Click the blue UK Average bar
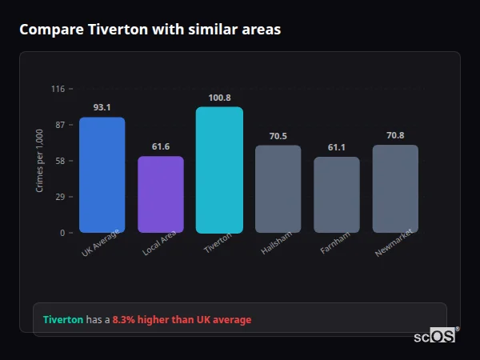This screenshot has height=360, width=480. click(102, 175)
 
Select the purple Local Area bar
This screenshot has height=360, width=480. click(161, 194)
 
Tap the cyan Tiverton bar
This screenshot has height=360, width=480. click(219, 170)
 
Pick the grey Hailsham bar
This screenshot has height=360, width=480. click(278, 189)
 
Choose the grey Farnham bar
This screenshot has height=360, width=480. click(337, 194)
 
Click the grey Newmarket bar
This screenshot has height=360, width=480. click(395, 189)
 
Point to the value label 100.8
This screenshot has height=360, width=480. click(219, 97)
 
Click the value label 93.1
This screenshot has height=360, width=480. click(102, 107)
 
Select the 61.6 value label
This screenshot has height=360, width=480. click(161, 146)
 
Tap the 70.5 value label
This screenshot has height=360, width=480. click(278, 136)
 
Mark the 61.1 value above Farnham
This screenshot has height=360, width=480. click(337, 147)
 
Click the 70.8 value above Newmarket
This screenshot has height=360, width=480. click(395, 135)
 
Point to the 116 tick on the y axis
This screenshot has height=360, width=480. click(58, 89)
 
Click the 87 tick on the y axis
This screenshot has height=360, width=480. click(59, 125)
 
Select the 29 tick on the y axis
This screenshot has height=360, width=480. click(59, 197)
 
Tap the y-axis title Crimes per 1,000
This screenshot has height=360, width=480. click(40, 161)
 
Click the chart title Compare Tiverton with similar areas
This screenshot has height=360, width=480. click(150, 30)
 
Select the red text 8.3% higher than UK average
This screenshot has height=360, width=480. click(182, 319)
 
